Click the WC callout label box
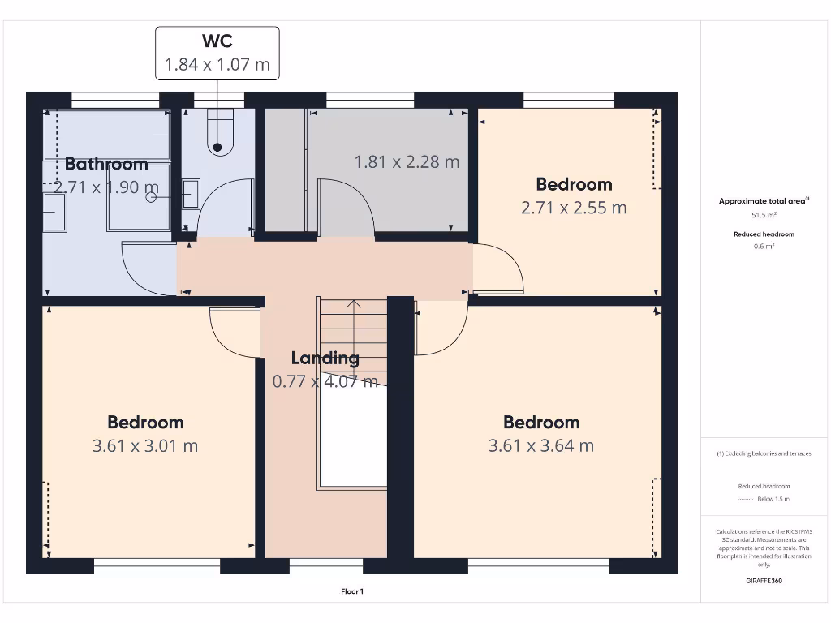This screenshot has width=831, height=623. pyautogui.click(x=217, y=53)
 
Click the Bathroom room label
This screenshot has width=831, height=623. pyautogui.click(x=106, y=165)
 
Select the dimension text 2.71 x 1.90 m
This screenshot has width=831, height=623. pyautogui.click(x=101, y=187)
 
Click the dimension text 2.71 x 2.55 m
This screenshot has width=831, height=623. pyautogui.click(x=573, y=208)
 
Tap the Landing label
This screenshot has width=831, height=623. pyautogui.click(x=325, y=358)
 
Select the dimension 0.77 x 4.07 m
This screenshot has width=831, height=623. pyautogui.click(x=325, y=381)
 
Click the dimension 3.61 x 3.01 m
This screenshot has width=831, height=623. pyautogui.click(x=145, y=445)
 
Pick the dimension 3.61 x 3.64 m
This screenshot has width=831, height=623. pyautogui.click(x=540, y=445)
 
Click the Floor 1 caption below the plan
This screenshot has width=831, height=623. pyautogui.click(x=352, y=592)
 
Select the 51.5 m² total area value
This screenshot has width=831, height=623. pyautogui.click(x=763, y=215)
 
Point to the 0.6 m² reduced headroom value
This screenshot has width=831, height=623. pyautogui.click(x=763, y=246)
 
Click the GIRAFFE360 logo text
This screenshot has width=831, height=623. pyautogui.click(x=763, y=581)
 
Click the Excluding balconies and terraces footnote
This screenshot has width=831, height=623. pyautogui.click(x=763, y=453)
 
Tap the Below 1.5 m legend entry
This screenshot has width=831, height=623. pyautogui.click(x=772, y=499)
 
